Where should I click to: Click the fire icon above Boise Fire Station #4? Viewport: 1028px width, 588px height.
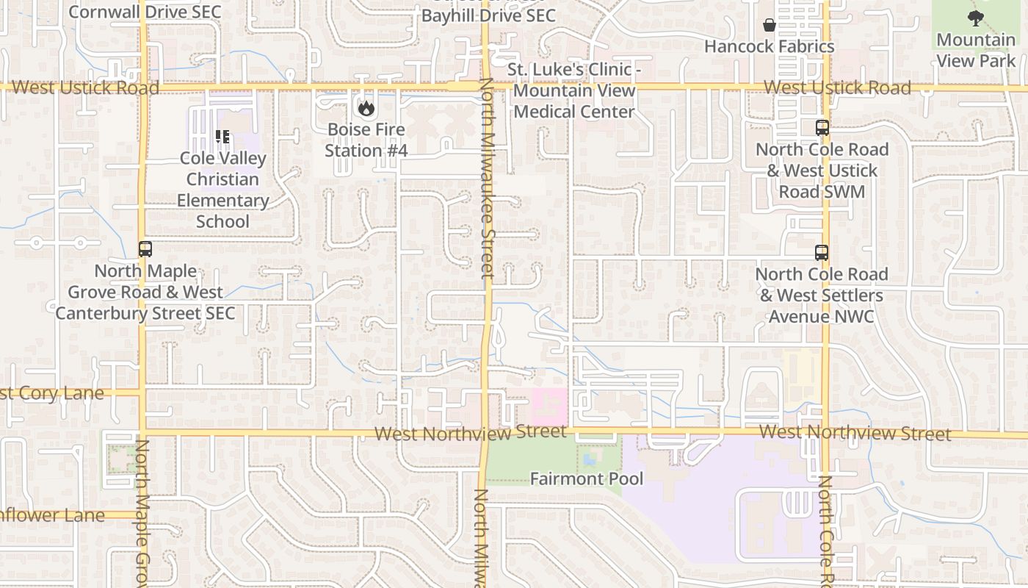[366, 108]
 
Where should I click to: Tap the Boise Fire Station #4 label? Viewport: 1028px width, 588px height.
[366, 140]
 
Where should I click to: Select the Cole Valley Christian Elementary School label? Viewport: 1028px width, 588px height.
[223, 190]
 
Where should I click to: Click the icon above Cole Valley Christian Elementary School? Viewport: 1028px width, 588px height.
[222, 136]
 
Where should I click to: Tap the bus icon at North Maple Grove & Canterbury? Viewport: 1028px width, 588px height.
[145, 249]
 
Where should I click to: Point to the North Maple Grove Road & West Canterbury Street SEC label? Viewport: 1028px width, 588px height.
[145, 292]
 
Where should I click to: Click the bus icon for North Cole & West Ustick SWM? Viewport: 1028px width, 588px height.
[822, 128]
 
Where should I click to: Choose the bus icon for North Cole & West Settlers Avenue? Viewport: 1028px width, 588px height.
[822, 253]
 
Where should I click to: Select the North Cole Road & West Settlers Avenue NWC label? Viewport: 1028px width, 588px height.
[822, 295]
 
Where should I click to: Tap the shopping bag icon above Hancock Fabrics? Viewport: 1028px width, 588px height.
[769, 25]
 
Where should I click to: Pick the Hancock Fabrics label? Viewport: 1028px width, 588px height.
[769, 46]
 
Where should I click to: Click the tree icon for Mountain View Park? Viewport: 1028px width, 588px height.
[975, 18]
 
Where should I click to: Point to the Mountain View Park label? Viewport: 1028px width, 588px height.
[976, 50]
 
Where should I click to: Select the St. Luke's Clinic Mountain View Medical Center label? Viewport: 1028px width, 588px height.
[573, 90]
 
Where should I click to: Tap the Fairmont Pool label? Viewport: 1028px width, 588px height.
[587, 479]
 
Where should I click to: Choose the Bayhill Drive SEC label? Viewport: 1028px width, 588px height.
[488, 15]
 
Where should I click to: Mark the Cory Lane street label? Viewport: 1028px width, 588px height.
[51, 393]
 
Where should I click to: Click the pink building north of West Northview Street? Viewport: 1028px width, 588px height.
[549, 405]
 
